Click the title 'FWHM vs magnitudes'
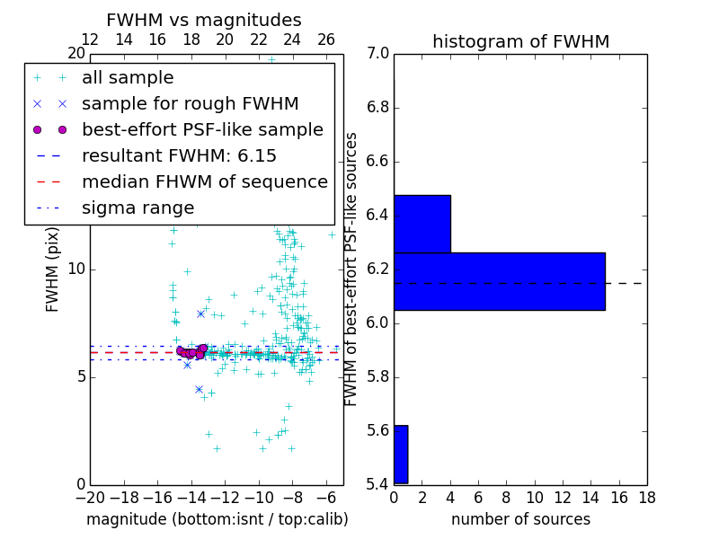click(x=204, y=20)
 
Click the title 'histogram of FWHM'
click(x=520, y=41)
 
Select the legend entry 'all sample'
click(x=128, y=78)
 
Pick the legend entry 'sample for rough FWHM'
click(x=190, y=103)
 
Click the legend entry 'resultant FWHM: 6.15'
click(x=179, y=155)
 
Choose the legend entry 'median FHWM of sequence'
click(x=204, y=181)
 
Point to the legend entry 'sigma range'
click(x=138, y=208)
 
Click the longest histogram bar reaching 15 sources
click(x=499, y=281)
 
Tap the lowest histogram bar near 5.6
click(x=401, y=454)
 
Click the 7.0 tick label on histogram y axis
click(x=378, y=54)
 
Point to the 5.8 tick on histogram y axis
click(x=378, y=377)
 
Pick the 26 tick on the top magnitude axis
click(x=326, y=40)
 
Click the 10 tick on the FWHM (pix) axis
click(x=76, y=269)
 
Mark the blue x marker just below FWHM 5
click(x=199, y=389)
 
